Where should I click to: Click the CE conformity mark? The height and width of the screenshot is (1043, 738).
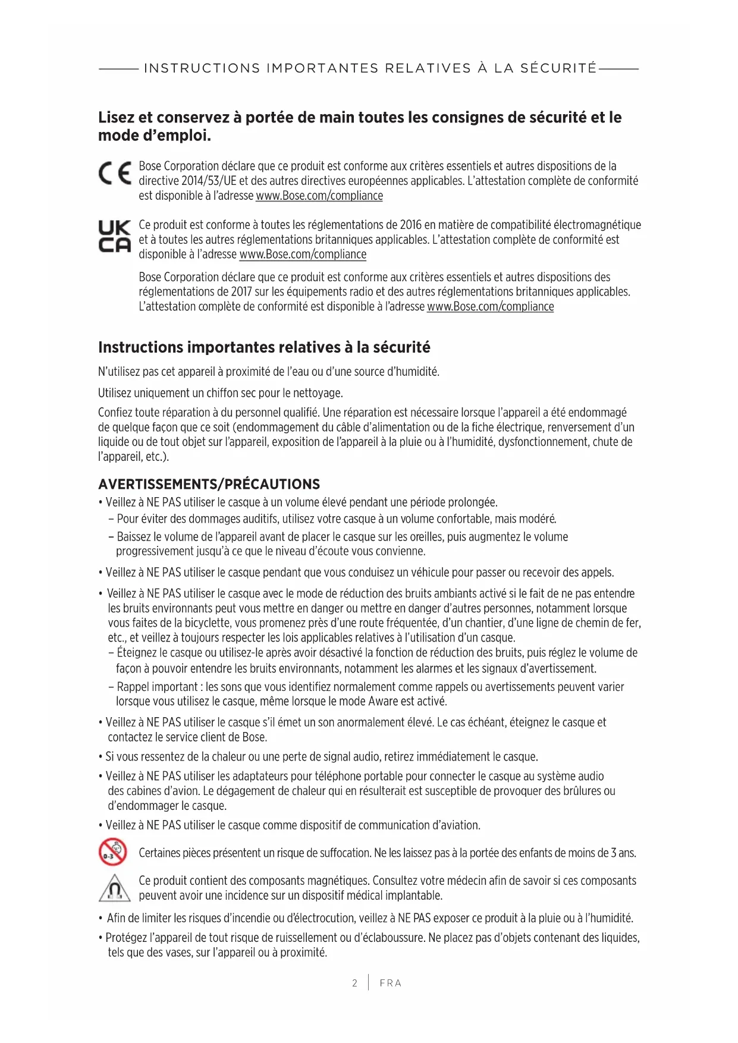click(x=115, y=173)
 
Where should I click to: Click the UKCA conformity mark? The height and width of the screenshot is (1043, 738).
click(x=114, y=237)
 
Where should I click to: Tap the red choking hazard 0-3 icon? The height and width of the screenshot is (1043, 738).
click(x=112, y=852)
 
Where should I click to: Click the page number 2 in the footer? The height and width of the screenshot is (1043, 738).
click(x=354, y=983)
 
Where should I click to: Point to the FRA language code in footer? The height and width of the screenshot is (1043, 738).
click(x=390, y=983)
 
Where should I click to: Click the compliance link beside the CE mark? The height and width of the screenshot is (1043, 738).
click(x=319, y=196)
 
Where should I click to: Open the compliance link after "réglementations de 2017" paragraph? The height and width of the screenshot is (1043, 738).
click(x=490, y=307)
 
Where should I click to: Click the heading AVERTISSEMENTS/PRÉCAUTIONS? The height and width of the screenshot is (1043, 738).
click(x=209, y=484)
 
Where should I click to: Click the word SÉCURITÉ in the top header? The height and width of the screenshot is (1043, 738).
click(x=558, y=68)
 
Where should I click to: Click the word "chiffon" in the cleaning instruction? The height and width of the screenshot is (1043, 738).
click(x=222, y=393)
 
